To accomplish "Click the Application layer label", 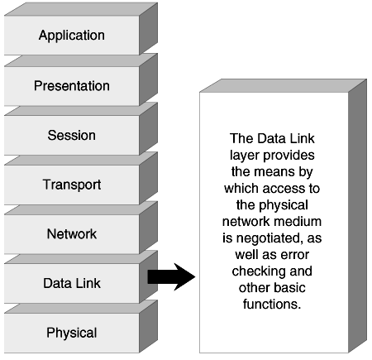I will tap(72, 36).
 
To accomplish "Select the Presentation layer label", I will tap(72, 85).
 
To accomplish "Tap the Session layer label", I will tap(72, 135).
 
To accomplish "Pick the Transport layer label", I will tap(72, 185).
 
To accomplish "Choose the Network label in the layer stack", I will tap(72, 234).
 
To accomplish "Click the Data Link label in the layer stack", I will tap(72, 284).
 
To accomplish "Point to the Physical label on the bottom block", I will tap(72, 334).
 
